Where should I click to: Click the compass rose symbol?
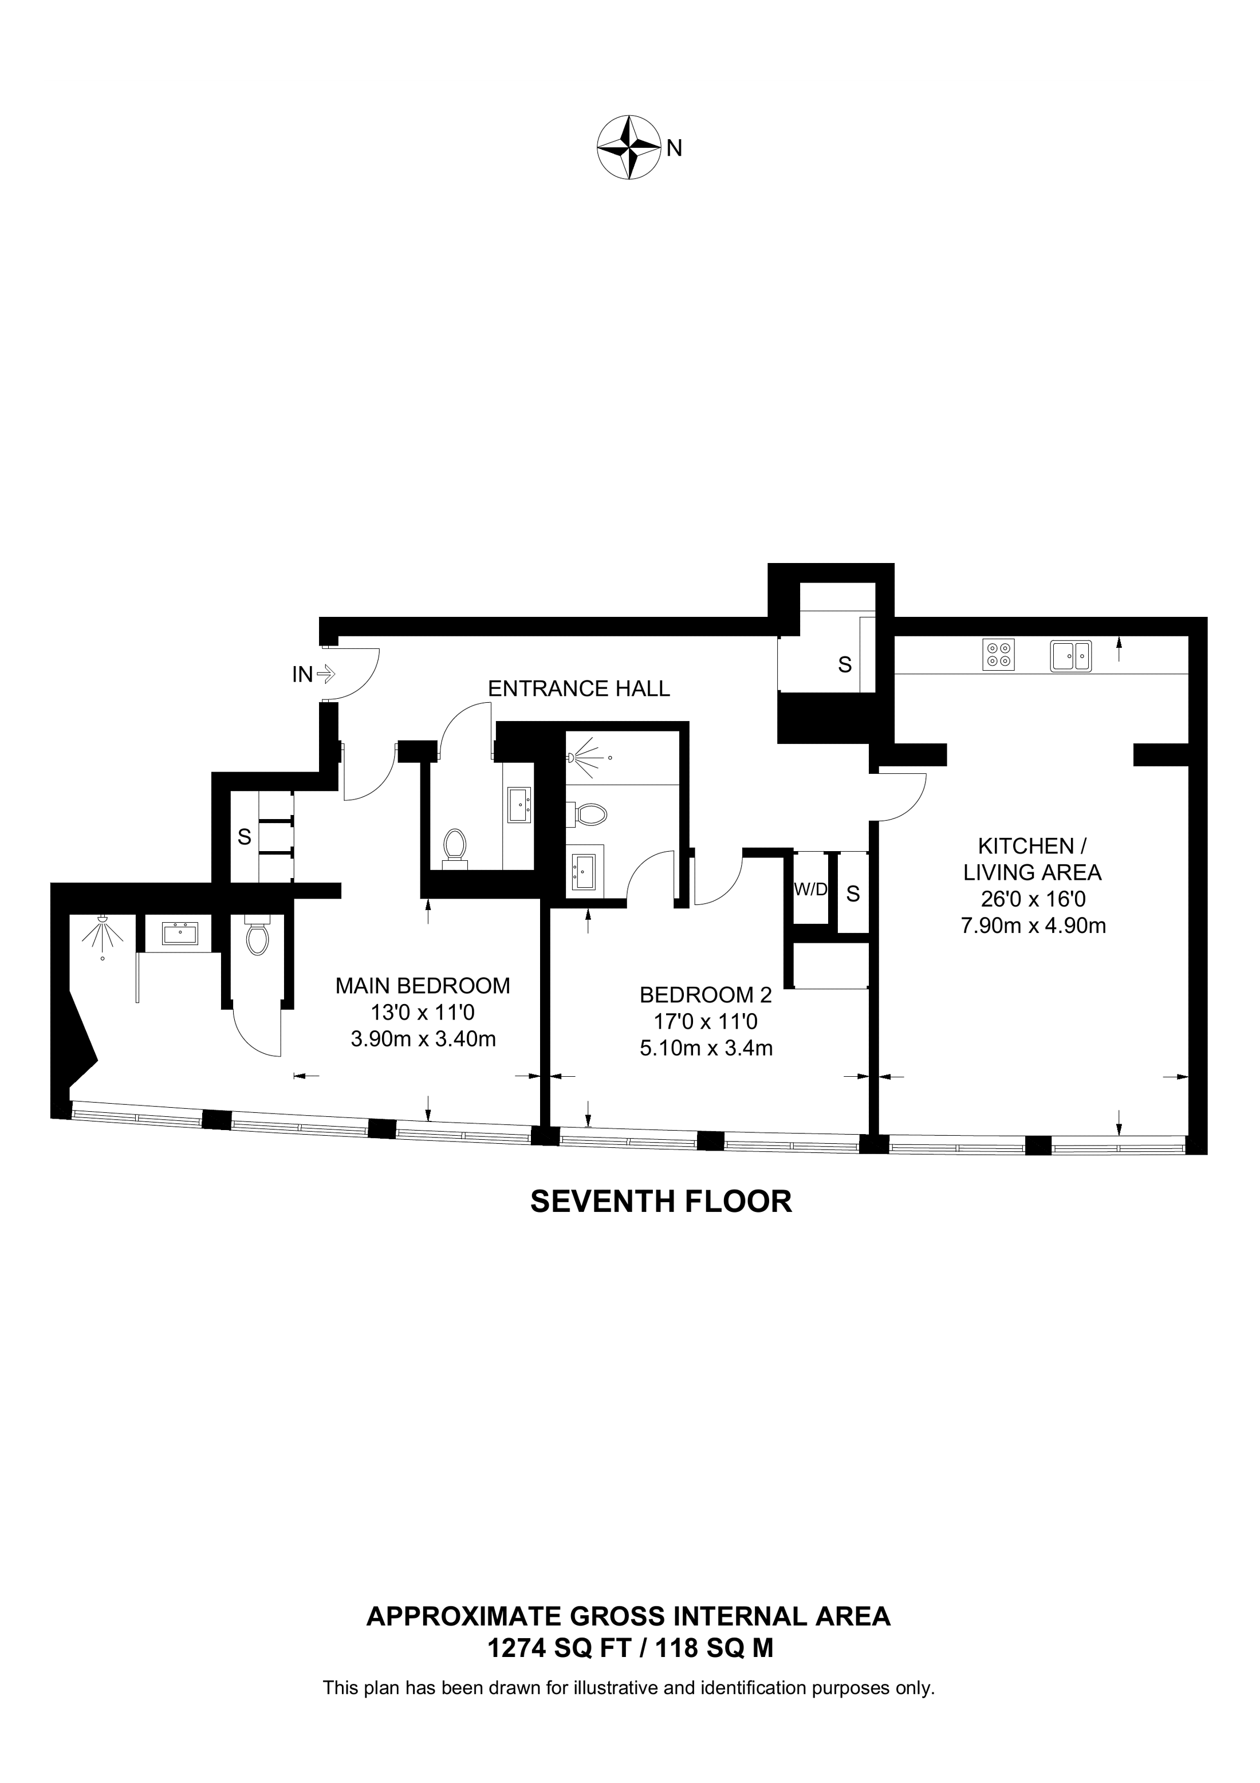628,148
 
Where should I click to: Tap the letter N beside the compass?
674,148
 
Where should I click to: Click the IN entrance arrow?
325,674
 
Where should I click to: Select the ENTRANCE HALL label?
578,689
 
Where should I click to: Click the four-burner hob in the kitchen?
998,654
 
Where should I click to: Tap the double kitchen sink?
1070,655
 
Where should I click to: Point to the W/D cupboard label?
810,891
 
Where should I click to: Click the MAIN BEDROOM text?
422,986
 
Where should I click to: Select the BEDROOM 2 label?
706,995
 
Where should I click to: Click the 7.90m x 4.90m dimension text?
1033,926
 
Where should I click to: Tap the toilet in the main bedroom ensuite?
257,937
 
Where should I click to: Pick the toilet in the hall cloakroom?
454,847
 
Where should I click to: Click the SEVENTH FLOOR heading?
661,1201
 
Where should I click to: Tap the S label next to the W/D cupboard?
852,895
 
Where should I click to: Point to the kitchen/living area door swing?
904,800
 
